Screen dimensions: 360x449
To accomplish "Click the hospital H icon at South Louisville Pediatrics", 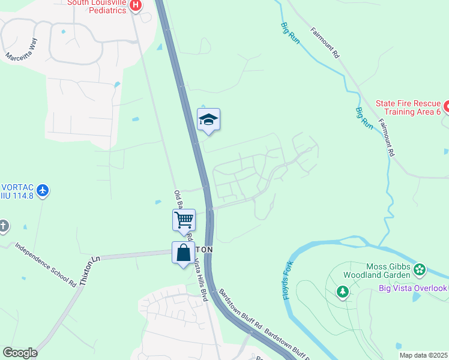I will coord(136,5).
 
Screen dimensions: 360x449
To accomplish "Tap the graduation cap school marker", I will coord(208,119).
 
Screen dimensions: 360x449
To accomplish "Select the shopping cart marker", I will coord(184,220).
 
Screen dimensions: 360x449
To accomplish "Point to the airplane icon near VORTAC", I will coord(42,191).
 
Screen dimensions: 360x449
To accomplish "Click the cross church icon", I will coord(4,226).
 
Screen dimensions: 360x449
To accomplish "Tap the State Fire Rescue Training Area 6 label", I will coord(408,107).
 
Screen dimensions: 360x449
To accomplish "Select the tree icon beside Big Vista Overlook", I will coord(342,292).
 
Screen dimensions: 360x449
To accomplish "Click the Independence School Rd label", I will coord(46,265).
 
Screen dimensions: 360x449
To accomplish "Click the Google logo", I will coord(20,353).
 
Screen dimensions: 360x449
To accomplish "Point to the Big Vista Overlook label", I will coord(413,289).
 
